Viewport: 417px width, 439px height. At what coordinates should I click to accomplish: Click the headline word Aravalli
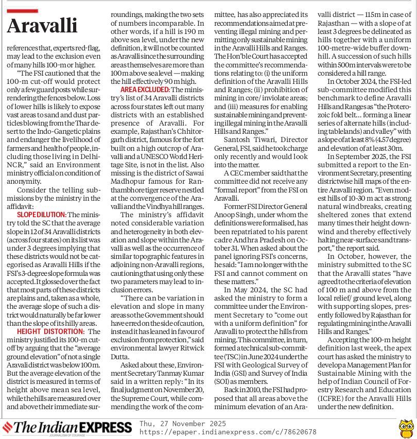coord(43,25)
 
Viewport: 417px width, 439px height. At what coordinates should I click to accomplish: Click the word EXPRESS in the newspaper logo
coord(105,428)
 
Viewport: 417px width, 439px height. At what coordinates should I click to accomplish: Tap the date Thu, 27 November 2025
coord(182,424)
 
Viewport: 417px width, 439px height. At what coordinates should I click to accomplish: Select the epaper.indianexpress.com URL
coord(228,432)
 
